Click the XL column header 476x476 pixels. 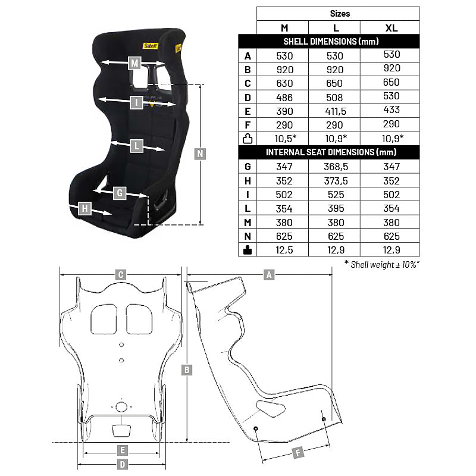[x=392, y=28]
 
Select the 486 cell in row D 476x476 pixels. [x=284, y=98]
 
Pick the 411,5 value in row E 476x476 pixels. [x=336, y=111]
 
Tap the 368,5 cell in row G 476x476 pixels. [x=336, y=167]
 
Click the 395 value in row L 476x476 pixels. [x=336, y=209]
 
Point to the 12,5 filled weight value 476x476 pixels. [x=284, y=250]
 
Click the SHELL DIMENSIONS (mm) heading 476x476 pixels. [x=331, y=41]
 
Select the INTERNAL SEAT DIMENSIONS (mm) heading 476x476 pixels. [x=331, y=152]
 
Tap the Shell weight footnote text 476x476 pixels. [x=382, y=264]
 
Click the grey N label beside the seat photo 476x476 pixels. [x=200, y=154]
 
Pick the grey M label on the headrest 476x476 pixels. [x=135, y=63]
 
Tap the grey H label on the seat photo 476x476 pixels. [x=84, y=208]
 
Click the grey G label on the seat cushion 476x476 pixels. [x=120, y=193]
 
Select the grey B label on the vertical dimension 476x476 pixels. [x=187, y=369]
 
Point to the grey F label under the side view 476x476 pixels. [x=298, y=453]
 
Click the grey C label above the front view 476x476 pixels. [x=121, y=275]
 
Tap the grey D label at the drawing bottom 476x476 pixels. [x=123, y=464]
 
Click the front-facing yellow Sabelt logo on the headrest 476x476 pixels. [x=151, y=46]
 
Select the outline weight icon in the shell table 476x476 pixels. [x=248, y=139]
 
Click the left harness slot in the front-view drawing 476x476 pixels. [x=104, y=319]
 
